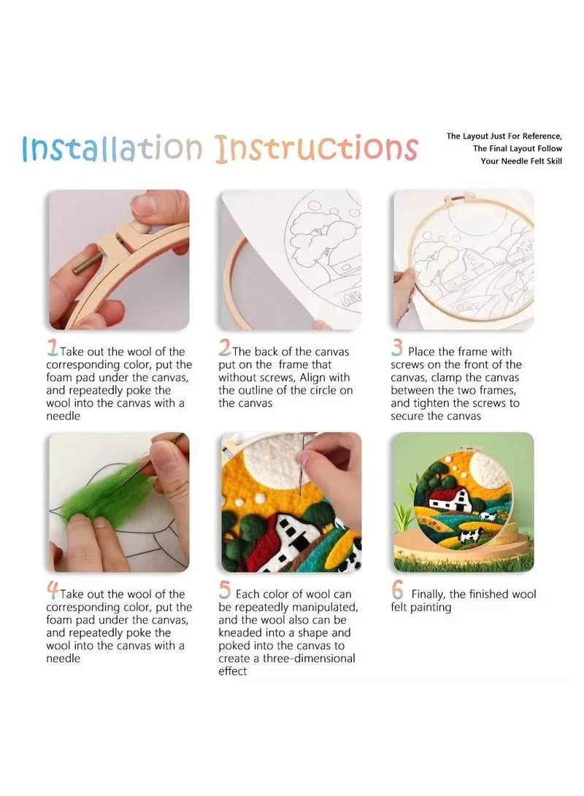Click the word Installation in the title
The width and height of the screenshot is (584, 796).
[x=112, y=148]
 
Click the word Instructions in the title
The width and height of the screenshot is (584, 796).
[x=316, y=148]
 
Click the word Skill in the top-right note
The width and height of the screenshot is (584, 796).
[x=550, y=161]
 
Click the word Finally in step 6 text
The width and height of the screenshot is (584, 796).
[x=431, y=594]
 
